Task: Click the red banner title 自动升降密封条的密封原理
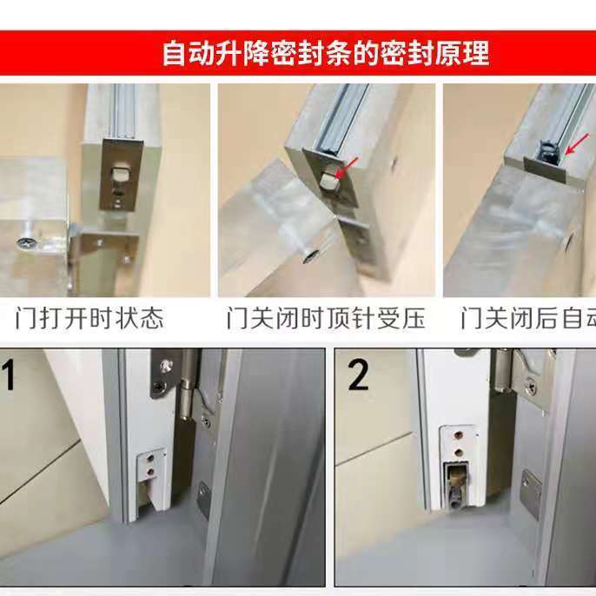(326, 53)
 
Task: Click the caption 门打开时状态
(89, 318)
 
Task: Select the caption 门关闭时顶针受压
(326, 318)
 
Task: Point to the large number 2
(357, 376)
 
